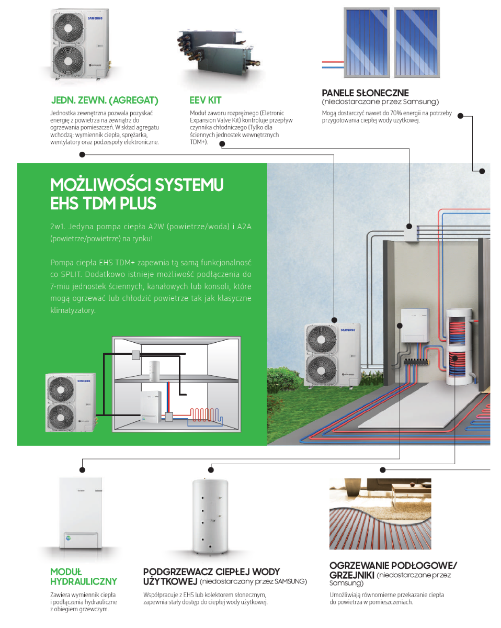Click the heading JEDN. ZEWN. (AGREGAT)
[x=105, y=100]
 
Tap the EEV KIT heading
[x=206, y=100]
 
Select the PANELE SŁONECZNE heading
[x=365, y=93]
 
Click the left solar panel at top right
[x=367, y=42]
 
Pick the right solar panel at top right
[x=417, y=42]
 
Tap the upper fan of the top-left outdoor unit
[x=68, y=28]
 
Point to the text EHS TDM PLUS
[x=103, y=203]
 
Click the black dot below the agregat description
[x=82, y=154]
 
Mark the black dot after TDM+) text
[x=222, y=144]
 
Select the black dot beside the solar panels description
[x=460, y=116]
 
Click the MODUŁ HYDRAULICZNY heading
[x=83, y=576]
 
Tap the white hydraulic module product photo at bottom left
[x=81, y=512]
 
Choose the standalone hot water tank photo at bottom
[x=210, y=517]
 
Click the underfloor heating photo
[x=380, y=513]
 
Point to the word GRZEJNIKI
[x=351, y=575]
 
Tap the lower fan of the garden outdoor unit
[x=321, y=371]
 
